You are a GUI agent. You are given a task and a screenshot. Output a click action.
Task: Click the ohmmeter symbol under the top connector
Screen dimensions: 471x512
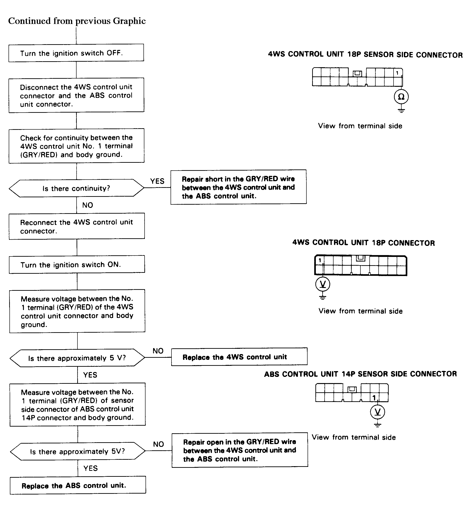point(401,97)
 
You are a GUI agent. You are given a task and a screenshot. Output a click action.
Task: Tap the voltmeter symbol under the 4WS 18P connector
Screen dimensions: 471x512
point(323,284)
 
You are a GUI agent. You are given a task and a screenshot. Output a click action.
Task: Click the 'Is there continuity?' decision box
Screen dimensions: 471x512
point(77,188)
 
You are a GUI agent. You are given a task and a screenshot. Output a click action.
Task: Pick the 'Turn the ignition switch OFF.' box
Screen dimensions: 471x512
point(76,53)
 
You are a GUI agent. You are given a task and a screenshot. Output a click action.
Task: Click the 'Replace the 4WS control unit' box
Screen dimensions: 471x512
point(239,357)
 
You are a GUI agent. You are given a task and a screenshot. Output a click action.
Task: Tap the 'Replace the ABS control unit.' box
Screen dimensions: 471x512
point(78,485)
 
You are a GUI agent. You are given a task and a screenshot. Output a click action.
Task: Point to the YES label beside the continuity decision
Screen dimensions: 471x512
point(157,181)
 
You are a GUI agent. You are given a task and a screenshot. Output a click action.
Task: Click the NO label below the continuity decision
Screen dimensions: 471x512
point(88,205)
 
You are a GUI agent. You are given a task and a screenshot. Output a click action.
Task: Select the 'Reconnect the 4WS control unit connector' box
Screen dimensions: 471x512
point(77,226)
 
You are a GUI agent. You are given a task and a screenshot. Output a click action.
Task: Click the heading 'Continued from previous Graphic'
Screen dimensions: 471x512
point(77,21)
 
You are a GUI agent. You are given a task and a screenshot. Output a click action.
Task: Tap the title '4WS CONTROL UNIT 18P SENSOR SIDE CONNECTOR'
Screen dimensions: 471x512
point(365,55)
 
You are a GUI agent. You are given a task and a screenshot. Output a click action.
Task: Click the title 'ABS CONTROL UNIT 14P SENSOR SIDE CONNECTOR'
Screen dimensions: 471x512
point(360,374)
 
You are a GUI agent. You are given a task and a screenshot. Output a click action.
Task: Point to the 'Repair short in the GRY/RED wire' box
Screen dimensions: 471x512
point(239,187)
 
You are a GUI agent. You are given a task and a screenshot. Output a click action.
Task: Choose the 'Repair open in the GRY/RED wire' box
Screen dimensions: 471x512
point(240,450)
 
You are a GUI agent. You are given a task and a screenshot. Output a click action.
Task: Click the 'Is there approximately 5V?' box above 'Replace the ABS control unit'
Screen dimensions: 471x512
point(78,451)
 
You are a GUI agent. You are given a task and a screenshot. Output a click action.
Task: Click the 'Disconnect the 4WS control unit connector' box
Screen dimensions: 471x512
point(77,95)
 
